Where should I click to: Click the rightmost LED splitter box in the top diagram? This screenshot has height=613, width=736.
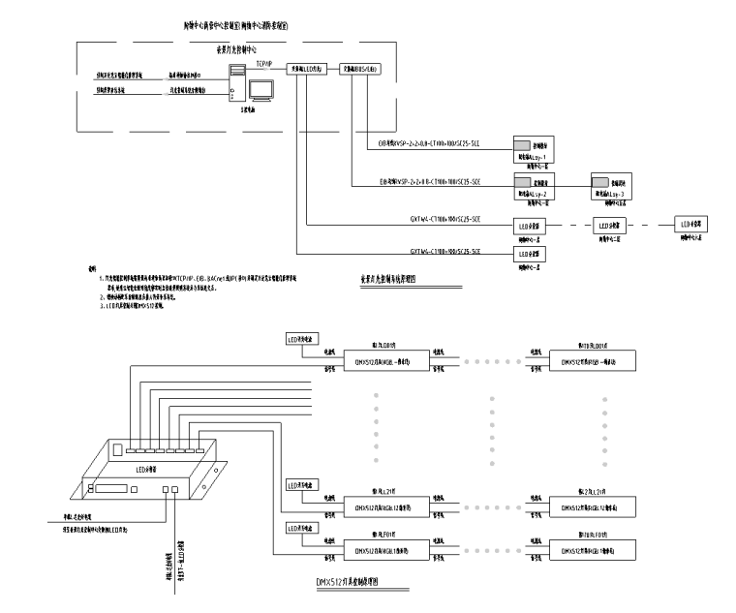(690, 224)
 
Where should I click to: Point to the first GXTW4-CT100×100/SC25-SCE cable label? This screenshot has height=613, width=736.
(457, 222)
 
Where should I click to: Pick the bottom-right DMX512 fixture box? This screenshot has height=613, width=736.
(593, 550)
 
